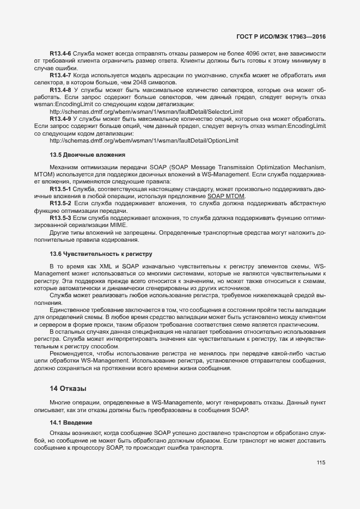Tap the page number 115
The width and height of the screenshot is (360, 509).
(320, 463)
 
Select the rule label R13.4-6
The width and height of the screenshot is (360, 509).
(60, 54)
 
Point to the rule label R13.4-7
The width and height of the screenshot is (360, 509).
(60, 75)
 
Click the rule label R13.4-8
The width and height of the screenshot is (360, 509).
(60, 89)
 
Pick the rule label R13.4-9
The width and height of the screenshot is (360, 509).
(60, 118)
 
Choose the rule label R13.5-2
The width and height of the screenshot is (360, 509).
(60, 203)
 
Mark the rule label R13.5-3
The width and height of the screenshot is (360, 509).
(60, 218)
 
